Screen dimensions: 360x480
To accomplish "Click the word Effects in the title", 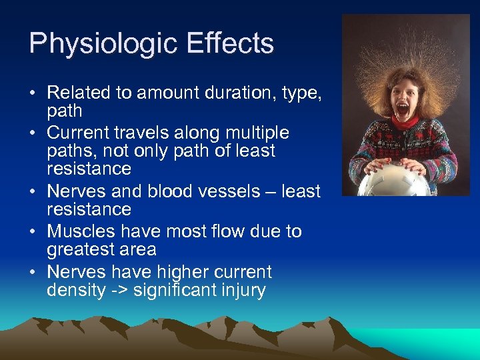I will [x=232, y=44].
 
